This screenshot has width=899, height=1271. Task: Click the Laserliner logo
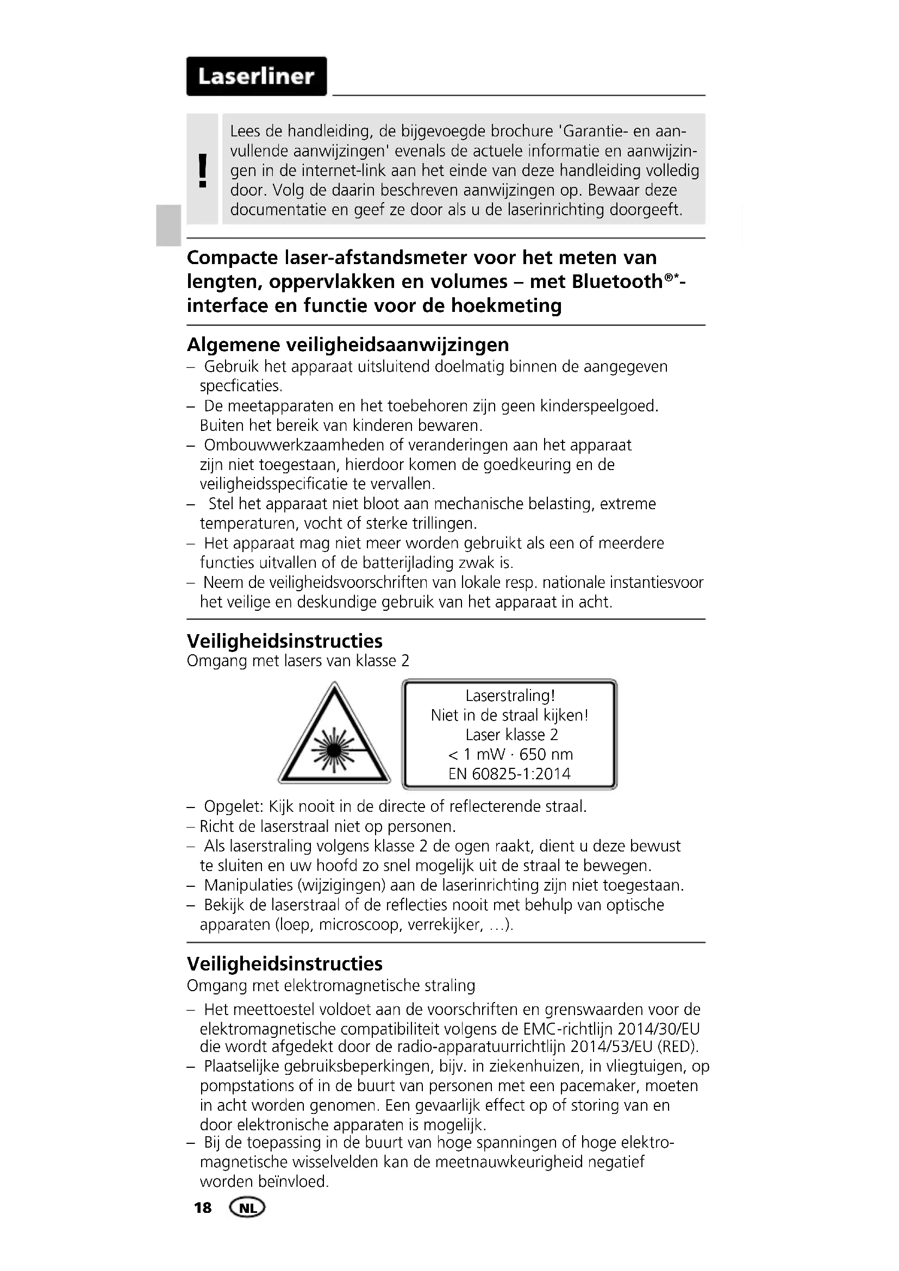coord(257,77)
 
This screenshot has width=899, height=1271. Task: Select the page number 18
coord(203,1208)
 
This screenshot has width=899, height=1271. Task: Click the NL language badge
coord(247,1208)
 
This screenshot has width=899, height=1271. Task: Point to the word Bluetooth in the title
coord(617,282)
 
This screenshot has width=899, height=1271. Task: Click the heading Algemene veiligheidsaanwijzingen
coord(348,345)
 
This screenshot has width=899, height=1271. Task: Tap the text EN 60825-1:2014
coord(509,774)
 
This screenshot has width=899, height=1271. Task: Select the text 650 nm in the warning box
coord(546,755)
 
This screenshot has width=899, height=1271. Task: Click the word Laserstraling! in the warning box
coord(510,696)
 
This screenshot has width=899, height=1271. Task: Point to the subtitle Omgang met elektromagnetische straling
coord(331,986)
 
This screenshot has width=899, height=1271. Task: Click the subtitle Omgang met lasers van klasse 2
coord(298,661)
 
